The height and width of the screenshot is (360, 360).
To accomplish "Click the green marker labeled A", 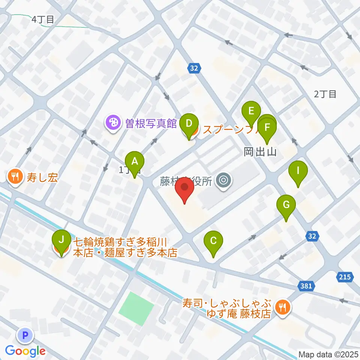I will point(134,162).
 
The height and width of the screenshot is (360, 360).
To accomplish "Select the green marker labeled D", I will point(189,123).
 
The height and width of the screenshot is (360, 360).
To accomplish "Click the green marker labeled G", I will point(286,205).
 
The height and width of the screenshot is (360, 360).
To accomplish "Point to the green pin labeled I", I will point(298,171).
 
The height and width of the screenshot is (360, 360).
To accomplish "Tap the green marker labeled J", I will point(61,239).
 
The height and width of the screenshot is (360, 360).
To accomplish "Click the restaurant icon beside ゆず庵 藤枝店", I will point(281,307).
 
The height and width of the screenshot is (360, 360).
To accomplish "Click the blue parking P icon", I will point(25,335).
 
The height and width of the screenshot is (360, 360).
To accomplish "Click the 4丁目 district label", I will point(43,19).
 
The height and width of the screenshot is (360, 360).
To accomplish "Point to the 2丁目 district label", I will point(325,94).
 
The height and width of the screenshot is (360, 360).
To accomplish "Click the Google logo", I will point(25,351).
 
